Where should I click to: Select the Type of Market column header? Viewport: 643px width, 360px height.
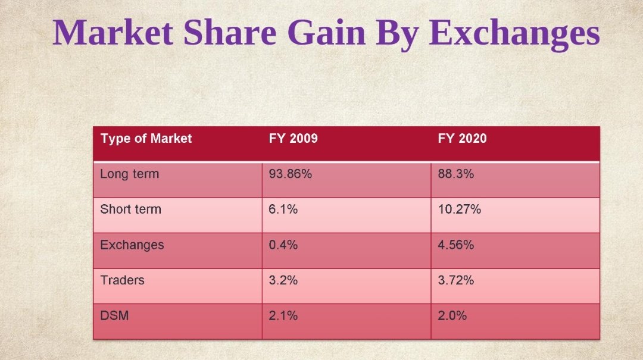(146, 139)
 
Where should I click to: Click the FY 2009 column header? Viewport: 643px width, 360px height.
(293, 139)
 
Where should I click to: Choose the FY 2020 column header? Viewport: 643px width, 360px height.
(462, 139)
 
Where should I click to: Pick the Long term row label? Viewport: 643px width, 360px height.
(129, 174)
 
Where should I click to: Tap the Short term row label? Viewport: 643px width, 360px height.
(130, 209)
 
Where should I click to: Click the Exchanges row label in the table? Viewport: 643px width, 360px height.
(132, 245)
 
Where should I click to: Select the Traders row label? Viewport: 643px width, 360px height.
(122, 280)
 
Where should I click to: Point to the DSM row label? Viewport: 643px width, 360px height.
(114, 315)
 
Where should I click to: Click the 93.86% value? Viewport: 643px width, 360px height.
(291, 174)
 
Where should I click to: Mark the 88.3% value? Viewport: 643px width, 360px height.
(455, 174)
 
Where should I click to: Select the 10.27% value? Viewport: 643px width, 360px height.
(459, 209)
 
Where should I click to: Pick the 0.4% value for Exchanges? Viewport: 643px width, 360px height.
(283, 245)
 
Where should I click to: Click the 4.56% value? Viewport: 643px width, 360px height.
(455, 245)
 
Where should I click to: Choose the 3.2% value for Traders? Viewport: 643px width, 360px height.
(283, 280)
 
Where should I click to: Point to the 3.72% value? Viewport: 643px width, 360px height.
(455, 280)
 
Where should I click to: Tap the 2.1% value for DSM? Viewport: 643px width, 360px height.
(283, 315)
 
